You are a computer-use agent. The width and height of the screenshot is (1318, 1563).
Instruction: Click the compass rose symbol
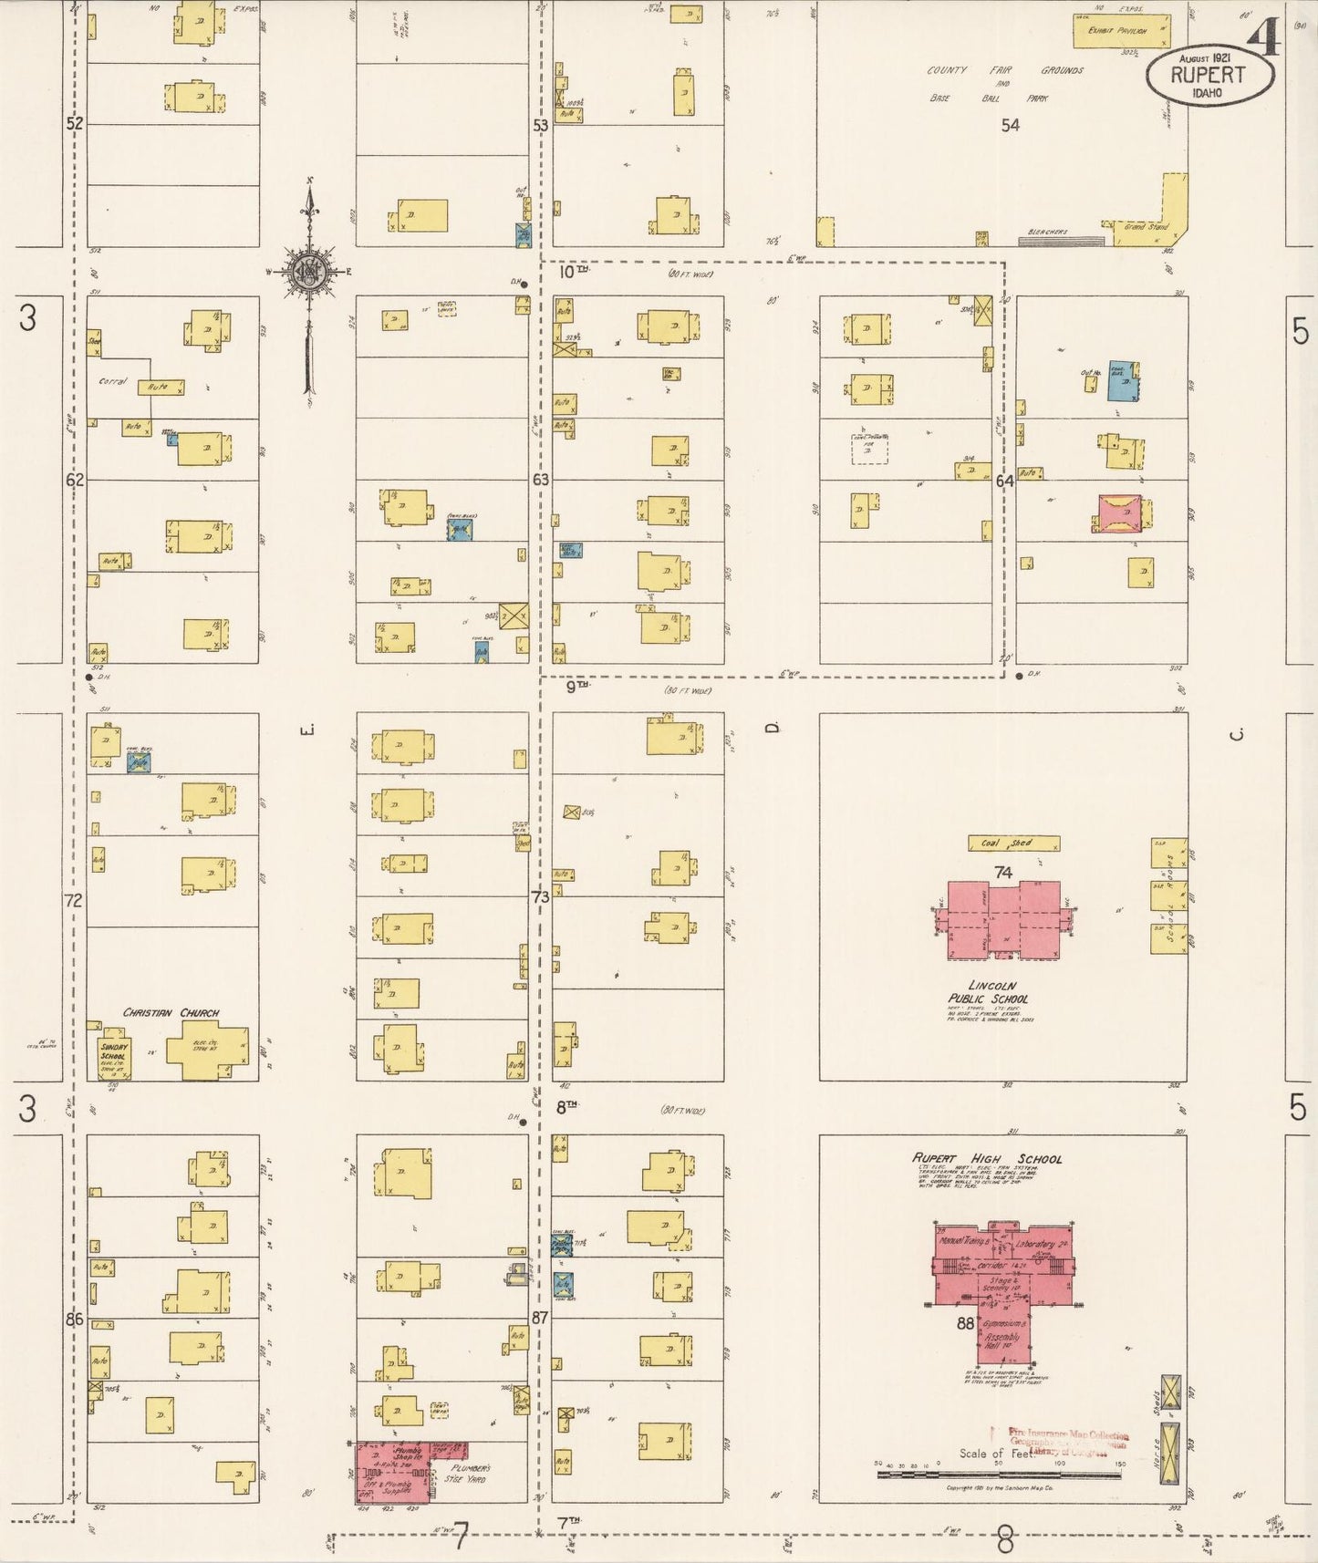[x=309, y=270]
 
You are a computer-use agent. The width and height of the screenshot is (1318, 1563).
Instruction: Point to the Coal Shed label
[x=1013, y=844]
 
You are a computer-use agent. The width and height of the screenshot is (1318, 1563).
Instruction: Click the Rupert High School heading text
[x=987, y=1158]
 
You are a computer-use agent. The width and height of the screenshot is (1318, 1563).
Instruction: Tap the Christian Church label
[x=171, y=1012]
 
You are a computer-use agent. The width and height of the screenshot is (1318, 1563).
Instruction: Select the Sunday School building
[x=115, y=1058]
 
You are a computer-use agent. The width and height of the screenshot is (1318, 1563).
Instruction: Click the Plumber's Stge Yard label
[x=469, y=1474]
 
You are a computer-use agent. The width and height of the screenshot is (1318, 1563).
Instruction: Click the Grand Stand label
[x=1146, y=226]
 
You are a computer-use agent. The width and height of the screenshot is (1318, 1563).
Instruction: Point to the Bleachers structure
[x=1060, y=241]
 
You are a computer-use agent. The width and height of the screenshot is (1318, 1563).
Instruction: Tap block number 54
[x=1010, y=125]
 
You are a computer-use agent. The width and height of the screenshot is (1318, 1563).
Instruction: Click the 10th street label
[x=574, y=271]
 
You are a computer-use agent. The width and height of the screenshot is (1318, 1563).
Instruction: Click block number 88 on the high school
[x=965, y=1323]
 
